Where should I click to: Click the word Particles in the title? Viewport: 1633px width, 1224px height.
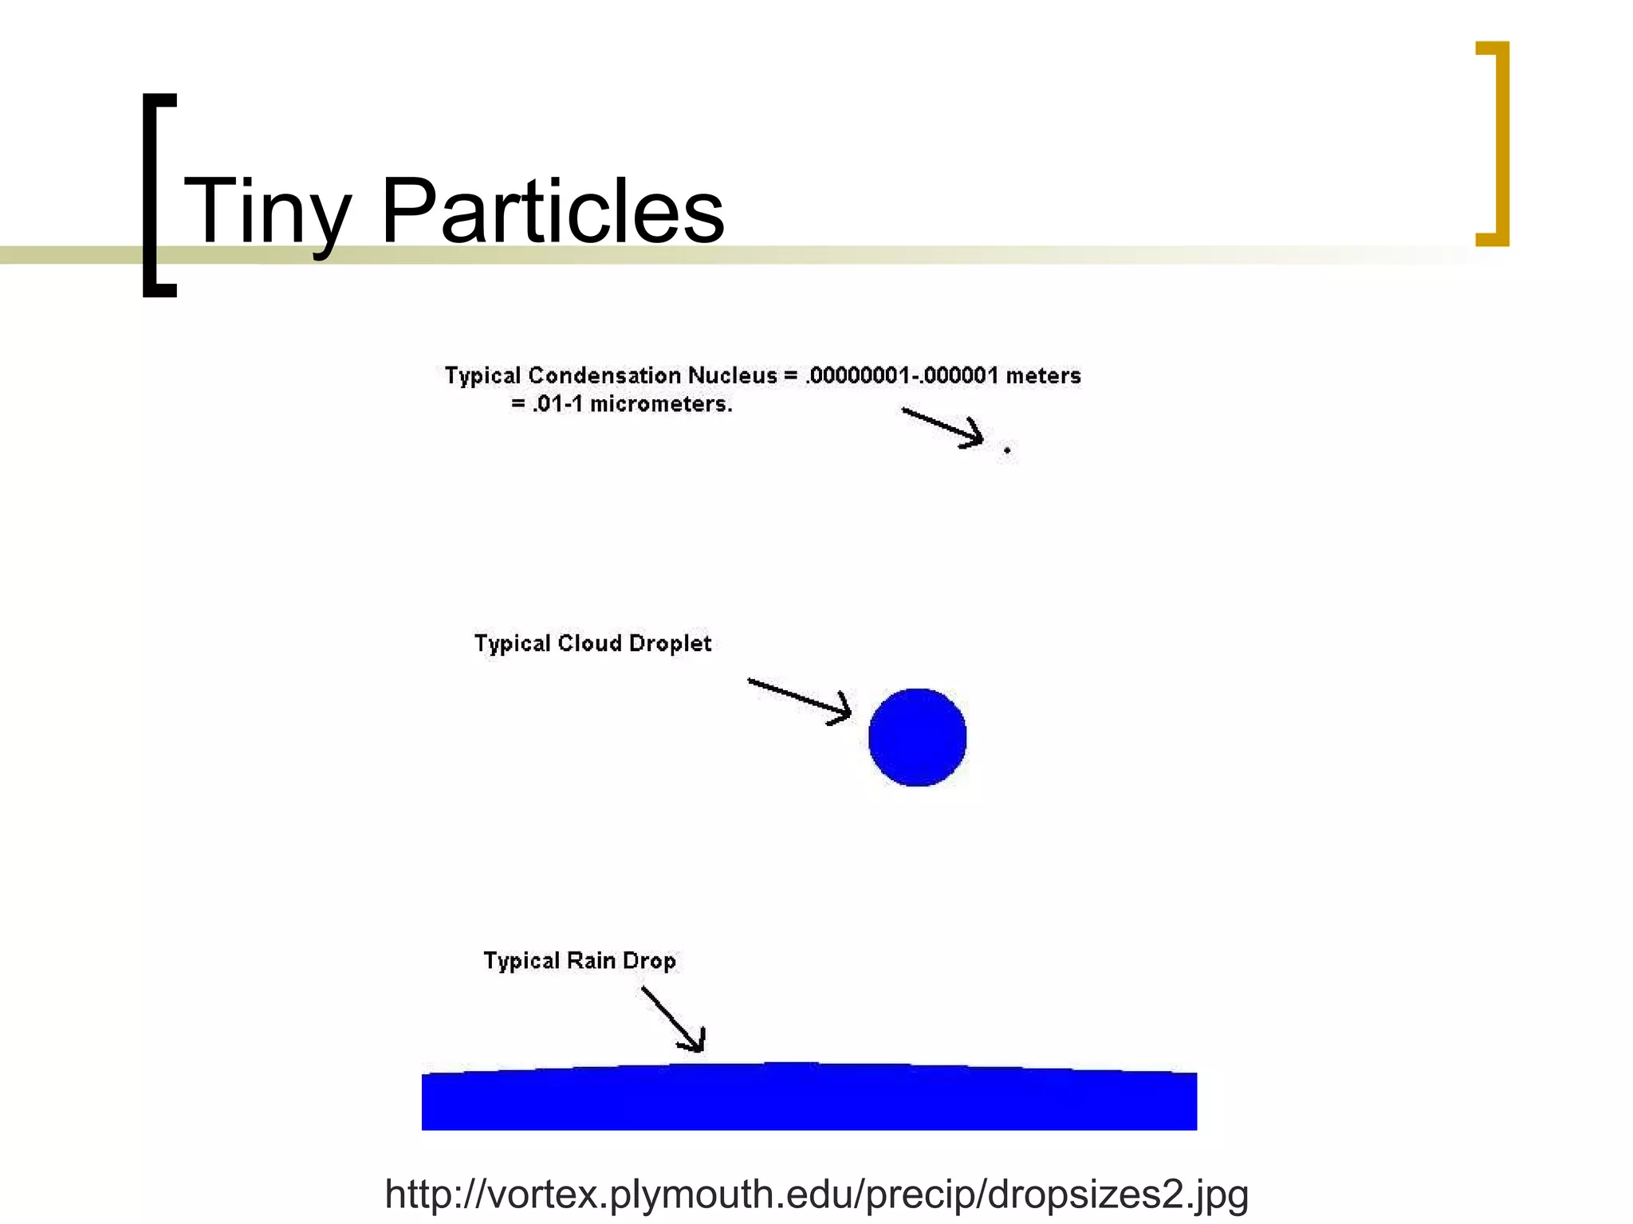(x=553, y=211)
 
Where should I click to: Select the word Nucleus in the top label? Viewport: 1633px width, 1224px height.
(x=732, y=375)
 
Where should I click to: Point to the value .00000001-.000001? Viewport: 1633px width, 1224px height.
(x=901, y=375)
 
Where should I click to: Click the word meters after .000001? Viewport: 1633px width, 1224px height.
(x=1043, y=375)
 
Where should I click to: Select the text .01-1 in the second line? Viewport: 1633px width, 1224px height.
(x=557, y=404)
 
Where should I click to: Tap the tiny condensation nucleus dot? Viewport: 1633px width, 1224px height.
(x=1007, y=450)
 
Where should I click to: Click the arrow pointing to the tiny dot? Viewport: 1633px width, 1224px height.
(x=942, y=427)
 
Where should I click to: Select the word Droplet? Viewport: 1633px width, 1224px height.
(x=670, y=643)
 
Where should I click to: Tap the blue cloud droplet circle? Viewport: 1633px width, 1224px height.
(x=917, y=737)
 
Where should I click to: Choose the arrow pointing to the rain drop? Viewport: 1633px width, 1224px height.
(x=673, y=1019)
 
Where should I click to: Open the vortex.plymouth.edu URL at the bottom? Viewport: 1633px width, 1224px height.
(x=816, y=1194)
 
